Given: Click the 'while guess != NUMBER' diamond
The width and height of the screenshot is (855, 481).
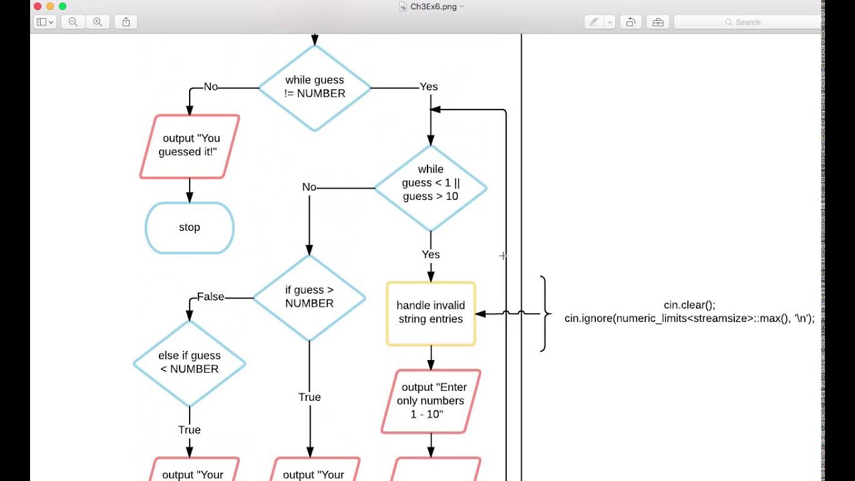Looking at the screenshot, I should click(x=315, y=88).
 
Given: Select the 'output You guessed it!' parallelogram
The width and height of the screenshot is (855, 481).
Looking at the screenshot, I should click(x=190, y=146).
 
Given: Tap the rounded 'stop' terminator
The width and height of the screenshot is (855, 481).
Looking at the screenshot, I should click(x=190, y=228).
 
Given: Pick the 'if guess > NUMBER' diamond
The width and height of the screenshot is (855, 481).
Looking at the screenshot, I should click(x=309, y=297).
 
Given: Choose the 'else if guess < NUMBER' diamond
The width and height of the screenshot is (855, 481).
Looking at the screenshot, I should click(x=190, y=363).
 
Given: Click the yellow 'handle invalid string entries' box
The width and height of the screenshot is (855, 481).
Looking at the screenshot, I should click(x=431, y=313).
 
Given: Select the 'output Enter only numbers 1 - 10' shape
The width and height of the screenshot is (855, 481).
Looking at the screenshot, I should click(x=431, y=401).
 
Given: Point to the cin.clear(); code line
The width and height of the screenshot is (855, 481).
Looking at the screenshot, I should click(x=689, y=305).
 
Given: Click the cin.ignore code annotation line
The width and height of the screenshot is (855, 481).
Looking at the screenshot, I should click(x=689, y=319).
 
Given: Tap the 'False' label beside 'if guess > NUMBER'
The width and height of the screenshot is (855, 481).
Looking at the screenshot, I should click(x=210, y=297).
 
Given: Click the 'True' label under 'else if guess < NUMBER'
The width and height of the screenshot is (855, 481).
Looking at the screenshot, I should click(x=190, y=430).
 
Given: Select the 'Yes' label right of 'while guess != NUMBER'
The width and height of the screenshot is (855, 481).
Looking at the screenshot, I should click(x=429, y=87).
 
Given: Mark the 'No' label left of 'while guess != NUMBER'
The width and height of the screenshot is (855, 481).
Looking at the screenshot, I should click(x=211, y=87).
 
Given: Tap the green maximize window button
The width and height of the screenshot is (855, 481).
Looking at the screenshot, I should click(x=62, y=6).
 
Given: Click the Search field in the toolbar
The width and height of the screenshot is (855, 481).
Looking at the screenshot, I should click(x=748, y=22).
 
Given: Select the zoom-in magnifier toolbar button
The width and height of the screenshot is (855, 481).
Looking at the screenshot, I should click(x=98, y=22).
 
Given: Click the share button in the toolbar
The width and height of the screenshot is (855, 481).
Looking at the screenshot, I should click(x=126, y=22).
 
